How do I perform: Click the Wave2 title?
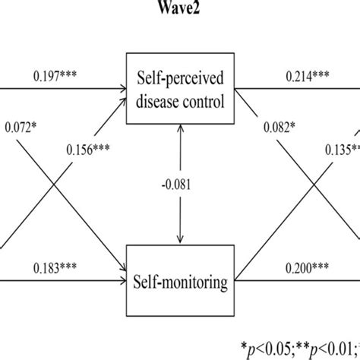click(179, 8)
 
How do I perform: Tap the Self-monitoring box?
click(179, 283)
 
